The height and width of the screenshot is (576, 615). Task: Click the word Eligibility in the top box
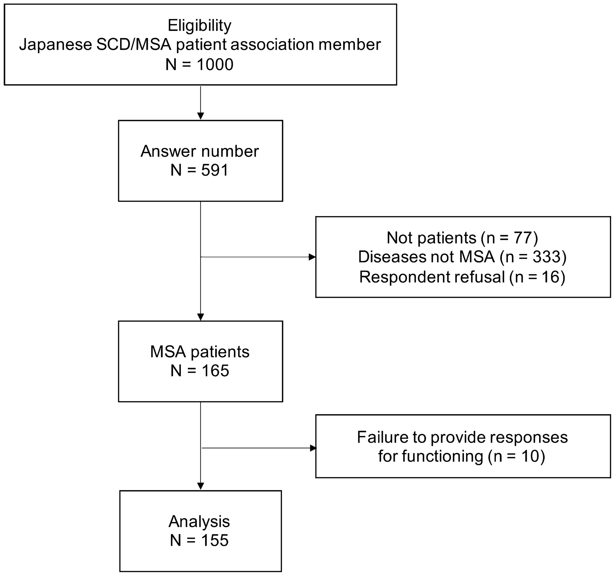tap(199, 25)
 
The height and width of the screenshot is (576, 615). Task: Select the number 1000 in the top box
tap(215, 64)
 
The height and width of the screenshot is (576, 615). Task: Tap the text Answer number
tap(200, 151)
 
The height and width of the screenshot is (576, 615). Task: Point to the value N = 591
tap(200, 170)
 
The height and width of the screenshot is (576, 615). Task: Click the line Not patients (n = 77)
tap(462, 238)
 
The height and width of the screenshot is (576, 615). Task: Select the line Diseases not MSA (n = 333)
tap(462, 257)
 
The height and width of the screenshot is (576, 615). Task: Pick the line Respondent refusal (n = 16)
tap(462, 277)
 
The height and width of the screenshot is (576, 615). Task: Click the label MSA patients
tap(200, 352)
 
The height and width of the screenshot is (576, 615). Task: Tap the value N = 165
tap(200, 370)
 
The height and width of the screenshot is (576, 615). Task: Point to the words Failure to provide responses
tap(462, 437)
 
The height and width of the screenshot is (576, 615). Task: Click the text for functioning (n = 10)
tap(461, 456)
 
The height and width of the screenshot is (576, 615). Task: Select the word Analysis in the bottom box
tap(199, 522)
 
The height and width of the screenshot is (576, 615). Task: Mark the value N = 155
tap(199, 540)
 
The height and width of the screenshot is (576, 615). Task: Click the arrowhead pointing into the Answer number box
tap(201, 116)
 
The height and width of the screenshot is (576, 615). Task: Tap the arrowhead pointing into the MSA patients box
tap(201, 317)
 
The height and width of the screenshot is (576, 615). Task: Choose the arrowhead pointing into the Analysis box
tap(201, 486)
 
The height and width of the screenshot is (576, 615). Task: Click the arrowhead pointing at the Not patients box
tap(312, 257)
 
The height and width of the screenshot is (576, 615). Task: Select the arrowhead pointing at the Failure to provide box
tap(313, 448)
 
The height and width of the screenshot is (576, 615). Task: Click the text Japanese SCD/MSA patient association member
tap(200, 45)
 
